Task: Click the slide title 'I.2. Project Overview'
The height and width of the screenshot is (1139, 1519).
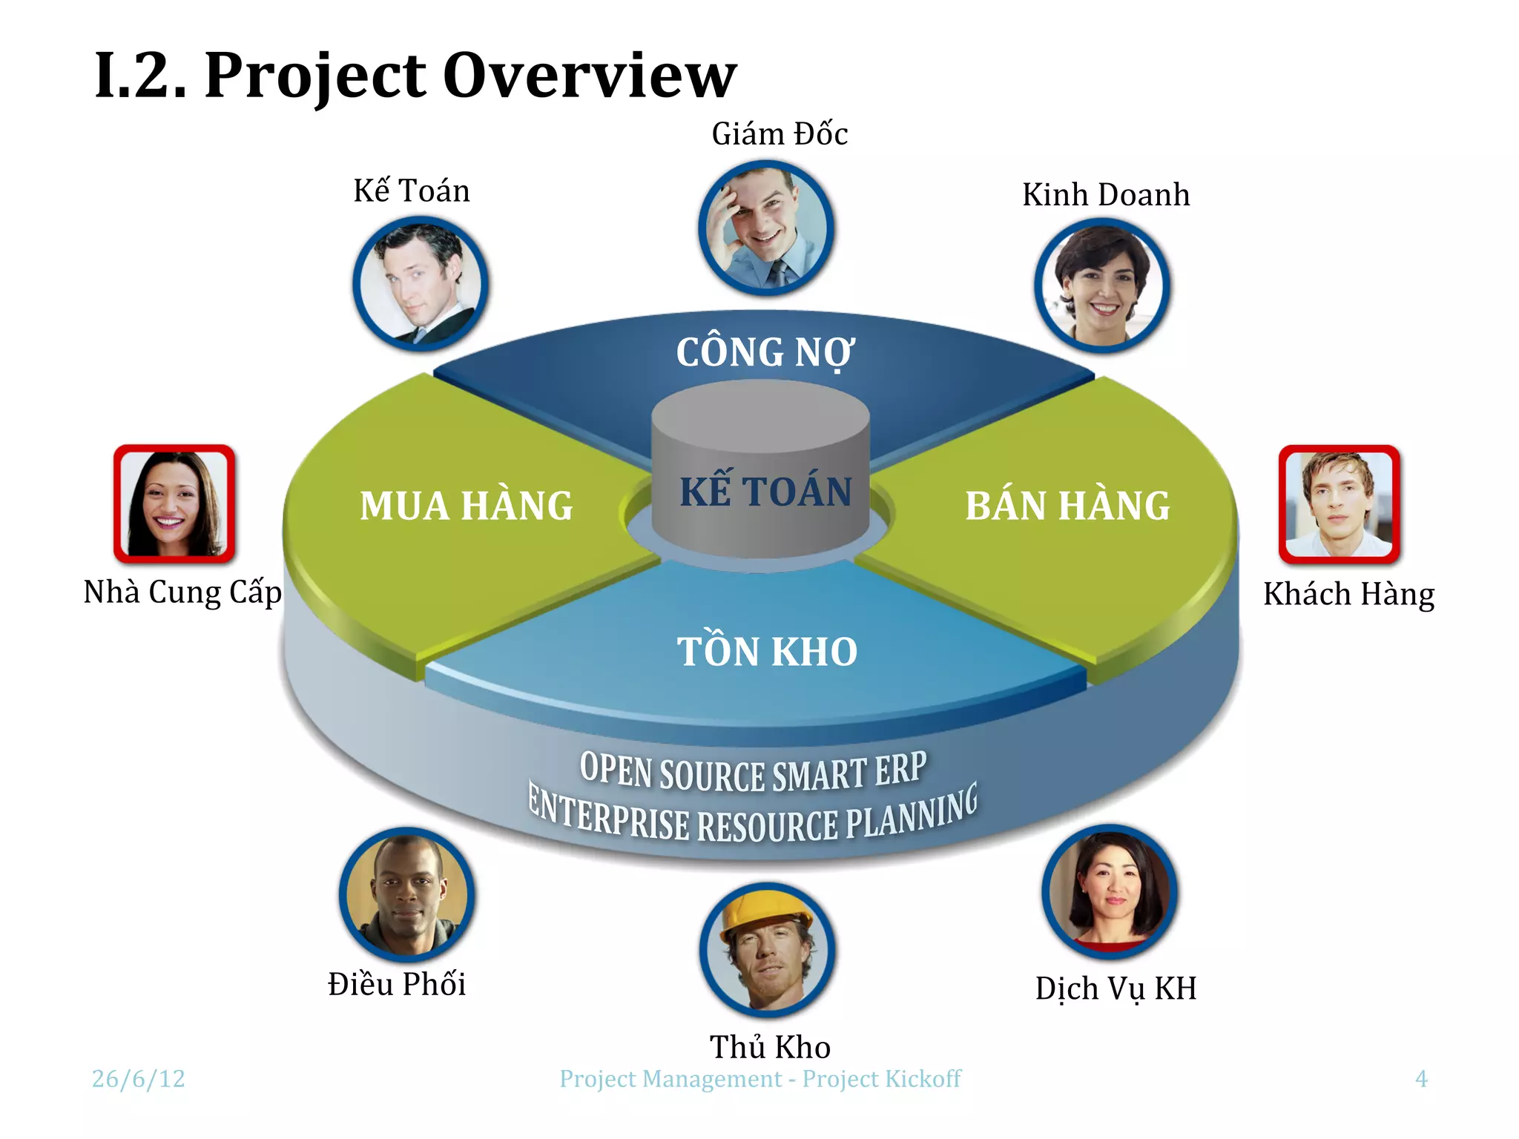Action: click(x=415, y=76)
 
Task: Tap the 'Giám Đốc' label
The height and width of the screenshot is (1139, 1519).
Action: click(x=780, y=134)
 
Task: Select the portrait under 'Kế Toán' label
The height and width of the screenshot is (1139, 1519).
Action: click(x=420, y=283)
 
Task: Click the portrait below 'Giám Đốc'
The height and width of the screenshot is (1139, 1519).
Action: click(x=766, y=228)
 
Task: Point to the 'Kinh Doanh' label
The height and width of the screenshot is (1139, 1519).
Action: click(x=1106, y=195)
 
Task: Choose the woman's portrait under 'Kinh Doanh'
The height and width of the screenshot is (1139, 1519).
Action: click(x=1102, y=285)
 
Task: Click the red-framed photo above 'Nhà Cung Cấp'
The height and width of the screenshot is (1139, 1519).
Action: click(x=174, y=504)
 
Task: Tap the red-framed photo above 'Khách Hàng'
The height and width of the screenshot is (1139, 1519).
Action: click(x=1340, y=504)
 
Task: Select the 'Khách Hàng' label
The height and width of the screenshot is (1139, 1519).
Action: click(x=1348, y=595)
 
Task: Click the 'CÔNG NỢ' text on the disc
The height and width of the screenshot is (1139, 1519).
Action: click(x=765, y=352)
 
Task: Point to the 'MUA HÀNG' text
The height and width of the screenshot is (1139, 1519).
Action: click(x=466, y=506)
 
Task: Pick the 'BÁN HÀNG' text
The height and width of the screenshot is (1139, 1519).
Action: click(x=1067, y=506)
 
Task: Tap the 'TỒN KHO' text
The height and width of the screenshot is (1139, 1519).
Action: click(x=767, y=652)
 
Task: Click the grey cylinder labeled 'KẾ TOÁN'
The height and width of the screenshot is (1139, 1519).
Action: click(x=762, y=475)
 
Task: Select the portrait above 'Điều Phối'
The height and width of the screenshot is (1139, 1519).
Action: click(x=406, y=894)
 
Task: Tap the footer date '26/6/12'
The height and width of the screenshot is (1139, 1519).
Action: click(x=139, y=1078)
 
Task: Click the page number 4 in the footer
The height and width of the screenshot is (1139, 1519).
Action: click(x=1420, y=1078)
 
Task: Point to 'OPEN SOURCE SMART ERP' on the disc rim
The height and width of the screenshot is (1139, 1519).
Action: click(x=752, y=772)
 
